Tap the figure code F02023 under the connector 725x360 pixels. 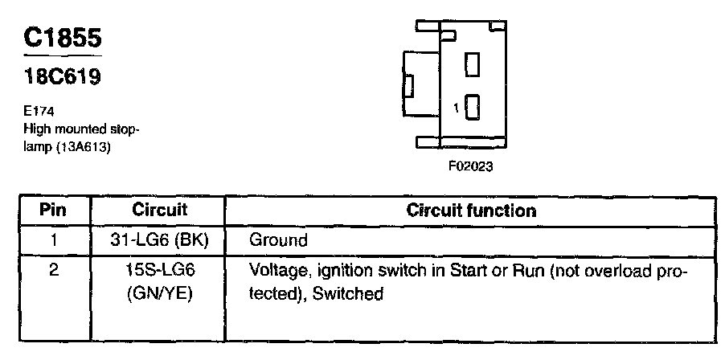[470, 169]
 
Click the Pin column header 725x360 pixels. [53, 211]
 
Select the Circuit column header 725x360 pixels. [159, 211]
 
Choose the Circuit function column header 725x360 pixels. [471, 211]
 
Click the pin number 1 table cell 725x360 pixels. [53, 239]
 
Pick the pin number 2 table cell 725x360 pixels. [53, 270]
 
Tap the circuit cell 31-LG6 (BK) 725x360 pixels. [159, 239]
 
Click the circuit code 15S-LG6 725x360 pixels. [159, 270]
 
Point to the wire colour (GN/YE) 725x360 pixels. [159, 293]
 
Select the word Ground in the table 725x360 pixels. [278, 239]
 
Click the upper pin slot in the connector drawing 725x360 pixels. [473, 64]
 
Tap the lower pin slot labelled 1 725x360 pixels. [473, 107]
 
